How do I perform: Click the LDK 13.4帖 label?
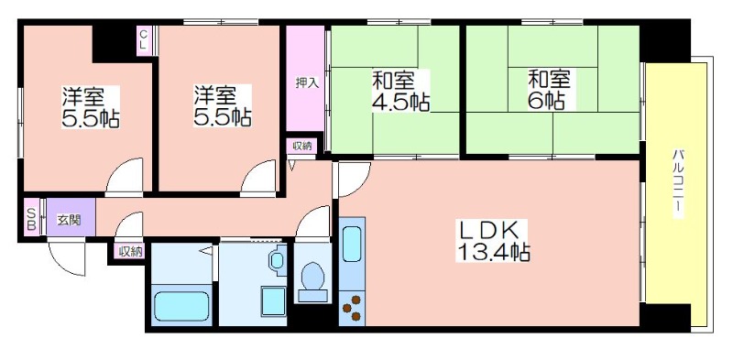[494, 240]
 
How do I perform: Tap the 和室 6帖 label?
[549, 90]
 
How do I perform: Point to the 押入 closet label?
[307, 82]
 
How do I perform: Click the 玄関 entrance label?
[69, 220]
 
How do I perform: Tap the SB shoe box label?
[31, 219]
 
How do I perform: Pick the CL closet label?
[144, 40]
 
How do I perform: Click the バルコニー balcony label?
[677, 183]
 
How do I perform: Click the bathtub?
[181, 306]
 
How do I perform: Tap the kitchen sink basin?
[352, 243]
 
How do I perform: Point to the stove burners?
[352, 308]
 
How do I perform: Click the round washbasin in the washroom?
[278, 261]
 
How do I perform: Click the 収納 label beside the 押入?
[301, 147]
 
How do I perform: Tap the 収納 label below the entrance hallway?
[129, 253]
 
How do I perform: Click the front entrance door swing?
[66, 256]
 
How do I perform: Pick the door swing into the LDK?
[354, 179]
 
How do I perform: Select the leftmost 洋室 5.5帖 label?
[90, 107]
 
